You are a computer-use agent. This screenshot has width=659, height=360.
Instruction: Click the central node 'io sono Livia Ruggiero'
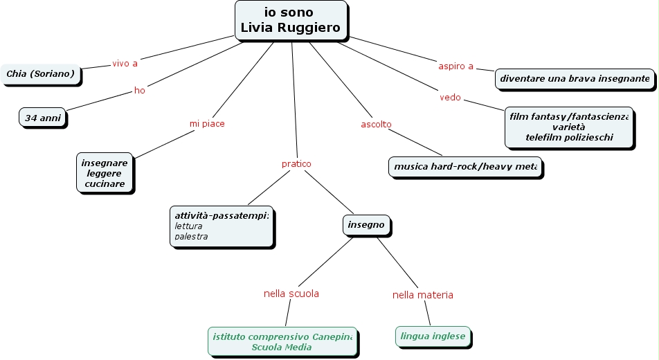click(x=291, y=20)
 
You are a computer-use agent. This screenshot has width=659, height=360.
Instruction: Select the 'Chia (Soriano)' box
click(x=40, y=73)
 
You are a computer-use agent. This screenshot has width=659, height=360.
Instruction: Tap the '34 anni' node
click(x=43, y=118)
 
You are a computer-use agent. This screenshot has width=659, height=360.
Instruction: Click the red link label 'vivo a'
click(x=125, y=64)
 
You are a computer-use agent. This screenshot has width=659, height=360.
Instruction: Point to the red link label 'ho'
click(x=140, y=91)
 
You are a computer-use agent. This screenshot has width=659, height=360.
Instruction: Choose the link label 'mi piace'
click(x=207, y=123)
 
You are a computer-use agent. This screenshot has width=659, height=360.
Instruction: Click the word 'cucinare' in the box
click(x=105, y=184)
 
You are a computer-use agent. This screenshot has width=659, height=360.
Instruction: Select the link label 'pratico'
click(x=296, y=164)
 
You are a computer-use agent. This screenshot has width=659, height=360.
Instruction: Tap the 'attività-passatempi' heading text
click(x=221, y=215)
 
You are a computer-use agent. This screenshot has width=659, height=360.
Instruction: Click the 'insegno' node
click(x=366, y=225)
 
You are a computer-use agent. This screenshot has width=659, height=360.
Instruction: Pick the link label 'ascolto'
click(x=376, y=125)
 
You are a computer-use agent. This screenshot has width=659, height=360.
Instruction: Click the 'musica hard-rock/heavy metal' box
click(x=464, y=167)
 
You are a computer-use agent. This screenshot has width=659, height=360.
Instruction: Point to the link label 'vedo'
click(x=450, y=98)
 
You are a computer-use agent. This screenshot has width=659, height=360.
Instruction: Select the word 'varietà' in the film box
click(x=568, y=127)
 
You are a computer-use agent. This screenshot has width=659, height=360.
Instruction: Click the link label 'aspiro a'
click(x=455, y=66)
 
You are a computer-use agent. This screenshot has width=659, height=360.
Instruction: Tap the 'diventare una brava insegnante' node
click(x=575, y=79)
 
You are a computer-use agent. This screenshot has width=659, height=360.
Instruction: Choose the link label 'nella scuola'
click(x=291, y=294)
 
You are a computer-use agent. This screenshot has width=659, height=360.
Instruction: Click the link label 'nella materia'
click(x=423, y=295)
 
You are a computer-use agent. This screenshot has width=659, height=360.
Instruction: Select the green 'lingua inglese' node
click(x=433, y=336)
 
